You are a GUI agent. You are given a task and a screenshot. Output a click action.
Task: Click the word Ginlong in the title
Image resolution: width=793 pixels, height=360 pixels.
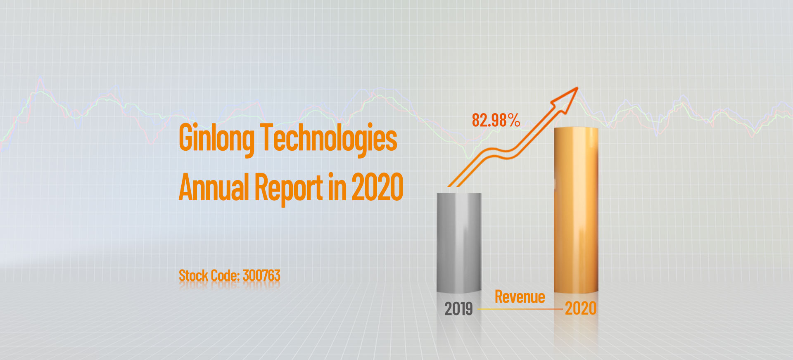pos(216,138)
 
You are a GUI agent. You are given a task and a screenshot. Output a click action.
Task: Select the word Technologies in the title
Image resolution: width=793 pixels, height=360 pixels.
pos(329,138)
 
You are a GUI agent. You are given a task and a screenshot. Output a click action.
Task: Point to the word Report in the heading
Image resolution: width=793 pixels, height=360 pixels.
pos(288,188)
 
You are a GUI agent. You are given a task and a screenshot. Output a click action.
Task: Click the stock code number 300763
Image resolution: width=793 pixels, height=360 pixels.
pos(261,275)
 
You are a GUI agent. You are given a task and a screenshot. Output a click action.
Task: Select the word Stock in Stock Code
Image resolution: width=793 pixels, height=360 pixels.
pos(193,275)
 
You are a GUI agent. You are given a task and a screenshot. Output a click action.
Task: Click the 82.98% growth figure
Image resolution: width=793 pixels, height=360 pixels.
pos(496,120)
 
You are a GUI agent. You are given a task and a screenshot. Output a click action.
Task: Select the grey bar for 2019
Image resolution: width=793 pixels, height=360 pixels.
pos(459,244)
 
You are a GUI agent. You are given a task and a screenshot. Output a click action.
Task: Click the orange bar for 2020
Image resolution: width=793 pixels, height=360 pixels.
pos(576,211)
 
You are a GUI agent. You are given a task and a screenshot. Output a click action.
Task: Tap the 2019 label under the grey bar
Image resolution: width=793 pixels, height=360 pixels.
pos(458,309)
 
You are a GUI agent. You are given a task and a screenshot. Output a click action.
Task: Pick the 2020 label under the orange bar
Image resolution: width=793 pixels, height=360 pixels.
pos(581,308)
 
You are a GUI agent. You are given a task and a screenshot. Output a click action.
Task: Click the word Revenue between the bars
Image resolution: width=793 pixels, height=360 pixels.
pos(520,297)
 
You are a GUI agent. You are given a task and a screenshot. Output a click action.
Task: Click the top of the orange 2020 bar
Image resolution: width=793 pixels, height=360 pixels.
pos(576,129)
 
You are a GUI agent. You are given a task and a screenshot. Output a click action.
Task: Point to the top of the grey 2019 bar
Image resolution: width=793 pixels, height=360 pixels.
pos(459,194)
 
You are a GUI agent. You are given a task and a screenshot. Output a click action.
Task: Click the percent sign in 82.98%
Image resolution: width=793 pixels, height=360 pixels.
pos(514,120)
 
